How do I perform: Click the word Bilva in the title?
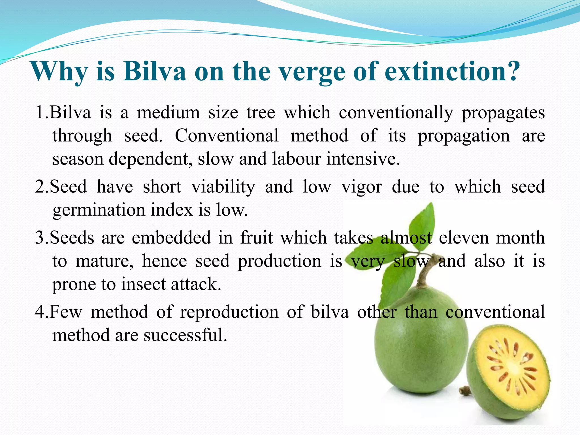click(154, 71)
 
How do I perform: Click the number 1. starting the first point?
click(42, 113)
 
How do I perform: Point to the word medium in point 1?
click(169, 113)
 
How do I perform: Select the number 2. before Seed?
click(42, 187)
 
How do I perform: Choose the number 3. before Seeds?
click(42, 238)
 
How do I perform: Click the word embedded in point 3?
click(171, 238)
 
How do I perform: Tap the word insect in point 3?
click(143, 284)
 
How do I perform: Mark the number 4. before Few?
click(42, 312)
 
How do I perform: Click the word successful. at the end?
click(185, 335)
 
